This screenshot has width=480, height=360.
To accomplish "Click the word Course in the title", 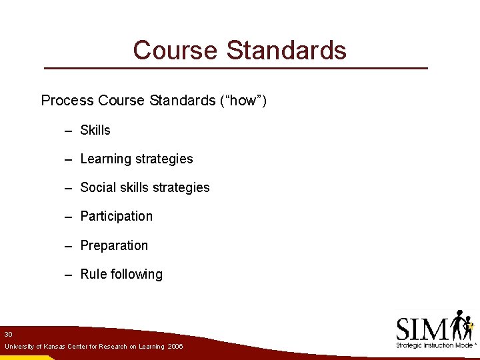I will (x=175, y=50).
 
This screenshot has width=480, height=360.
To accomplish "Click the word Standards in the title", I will (x=287, y=50).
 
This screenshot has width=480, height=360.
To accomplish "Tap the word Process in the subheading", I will (x=67, y=101).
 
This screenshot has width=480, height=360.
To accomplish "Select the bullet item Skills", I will (x=95, y=130).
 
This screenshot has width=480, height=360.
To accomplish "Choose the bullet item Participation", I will (x=117, y=217).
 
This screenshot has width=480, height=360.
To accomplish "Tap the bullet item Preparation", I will (x=114, y=246).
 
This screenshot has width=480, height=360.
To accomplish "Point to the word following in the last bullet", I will (x=137, y=275).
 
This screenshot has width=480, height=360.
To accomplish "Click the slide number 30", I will (x=7, y=334).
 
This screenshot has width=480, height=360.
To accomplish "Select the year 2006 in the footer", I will (x=175, y=347).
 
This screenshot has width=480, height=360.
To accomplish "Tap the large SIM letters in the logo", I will (x=422, y=329).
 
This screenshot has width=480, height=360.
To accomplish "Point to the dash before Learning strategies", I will (x=68, y=160).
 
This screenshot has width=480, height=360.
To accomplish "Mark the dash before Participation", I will (x=68, y=217).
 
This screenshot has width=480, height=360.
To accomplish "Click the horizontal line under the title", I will (x=235, y=69).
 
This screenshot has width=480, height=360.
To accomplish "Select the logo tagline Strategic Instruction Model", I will (x=433, y=345).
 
